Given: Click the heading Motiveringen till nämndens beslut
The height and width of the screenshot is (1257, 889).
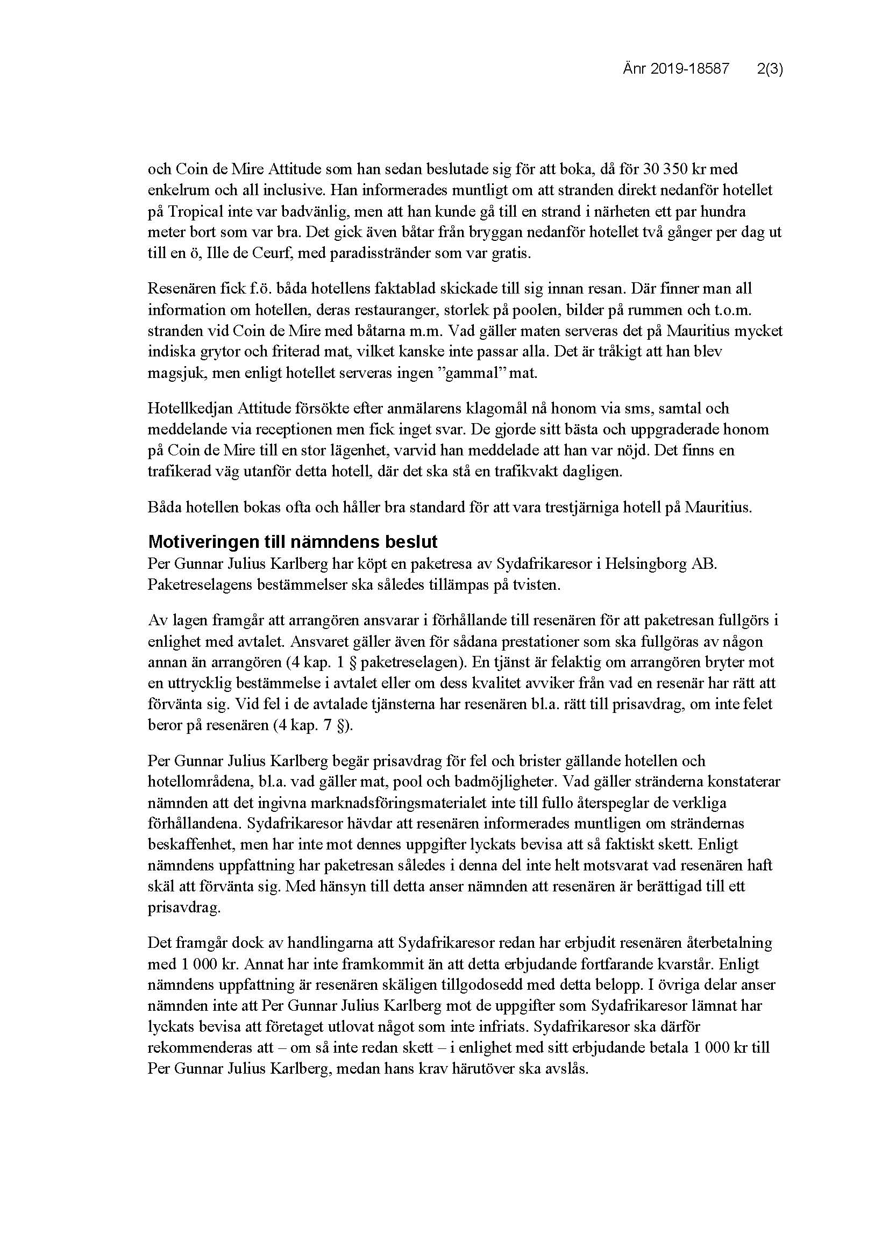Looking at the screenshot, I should point(293,542).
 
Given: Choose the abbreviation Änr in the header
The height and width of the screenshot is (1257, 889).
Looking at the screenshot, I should point(634,69).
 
